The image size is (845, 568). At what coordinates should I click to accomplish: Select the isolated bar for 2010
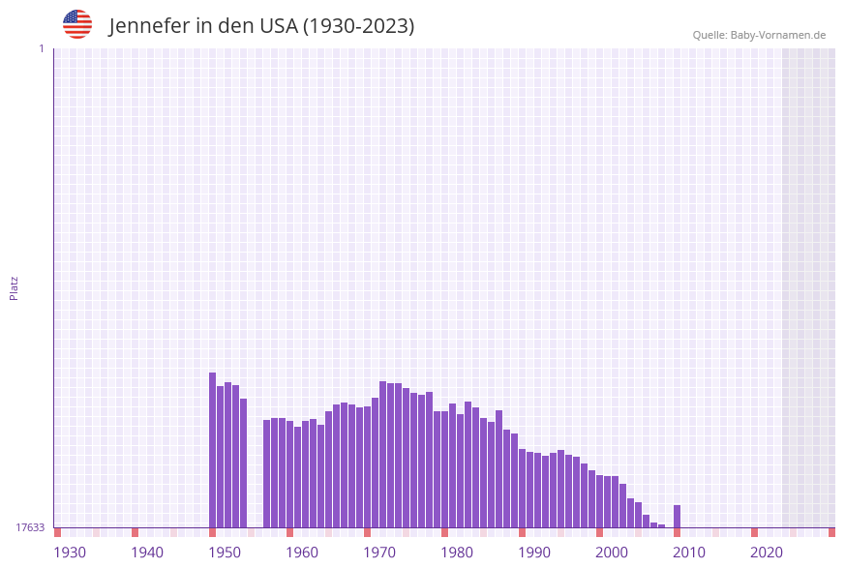(x=678, y=517)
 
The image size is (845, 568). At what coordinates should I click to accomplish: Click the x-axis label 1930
(x=70, y=553)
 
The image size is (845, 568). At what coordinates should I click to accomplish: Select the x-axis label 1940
(x=147, y=553)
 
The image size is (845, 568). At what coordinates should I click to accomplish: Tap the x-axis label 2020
(x=767, y=553)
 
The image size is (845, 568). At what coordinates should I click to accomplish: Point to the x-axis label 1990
(x=534, y=553)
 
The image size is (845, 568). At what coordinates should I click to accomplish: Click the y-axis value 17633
(x=30, y=527)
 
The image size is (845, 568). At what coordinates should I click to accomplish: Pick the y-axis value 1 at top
(x=41, y=48)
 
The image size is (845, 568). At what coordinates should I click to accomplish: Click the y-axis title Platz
(x=15, y=287)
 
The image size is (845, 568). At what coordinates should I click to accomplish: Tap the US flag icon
(x=77, y=24)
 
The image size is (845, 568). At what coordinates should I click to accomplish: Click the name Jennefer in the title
(x=148, y=26)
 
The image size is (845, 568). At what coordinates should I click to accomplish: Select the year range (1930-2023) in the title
(x=358, y=26)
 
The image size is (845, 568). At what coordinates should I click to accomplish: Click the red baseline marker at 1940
(x=136, y=532)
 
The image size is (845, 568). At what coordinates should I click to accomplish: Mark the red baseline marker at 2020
(x=755, y=532)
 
